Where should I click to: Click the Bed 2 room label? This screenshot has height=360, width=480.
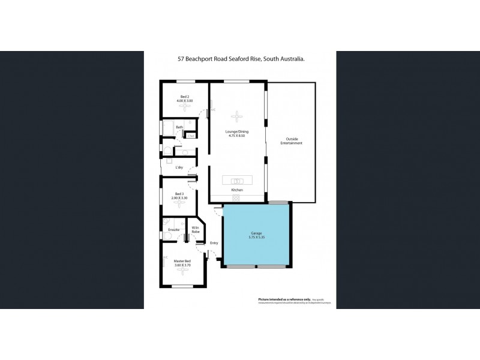184,97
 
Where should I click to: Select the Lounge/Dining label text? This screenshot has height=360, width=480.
237,131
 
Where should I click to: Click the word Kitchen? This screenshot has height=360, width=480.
237,190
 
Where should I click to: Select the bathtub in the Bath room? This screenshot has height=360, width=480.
168,127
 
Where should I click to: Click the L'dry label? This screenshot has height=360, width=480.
179,167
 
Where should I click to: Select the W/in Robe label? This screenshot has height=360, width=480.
196,230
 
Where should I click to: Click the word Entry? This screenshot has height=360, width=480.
214,242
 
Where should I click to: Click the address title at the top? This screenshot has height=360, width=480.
240,59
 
